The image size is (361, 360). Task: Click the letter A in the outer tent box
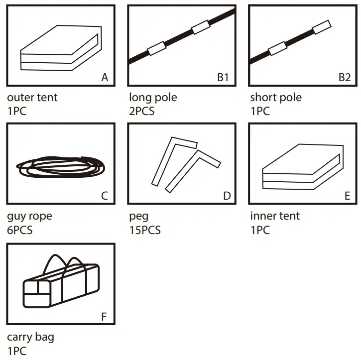[x=105, y=77]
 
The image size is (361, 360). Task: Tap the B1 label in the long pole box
[x=223, y=77]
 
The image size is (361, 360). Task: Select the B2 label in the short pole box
[x=345, y=77]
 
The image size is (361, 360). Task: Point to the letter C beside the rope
[x=105, y=196]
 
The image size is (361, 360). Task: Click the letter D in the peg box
[x=227, y=196]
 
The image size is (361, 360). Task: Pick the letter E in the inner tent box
[x=348, y=196]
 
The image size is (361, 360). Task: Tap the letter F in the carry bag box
[x=105, y=316]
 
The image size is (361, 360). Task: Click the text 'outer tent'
[x=32, y=97]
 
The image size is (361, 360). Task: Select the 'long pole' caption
[x=153, y=97]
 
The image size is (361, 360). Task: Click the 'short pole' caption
[x=276, y=97]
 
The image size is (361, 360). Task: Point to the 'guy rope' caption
[x=29, y=216]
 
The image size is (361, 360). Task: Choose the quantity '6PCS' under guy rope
[x=20, y=230]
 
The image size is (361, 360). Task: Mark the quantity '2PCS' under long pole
[x=142, y=111]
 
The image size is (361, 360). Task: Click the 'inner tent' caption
[x=275, y=216]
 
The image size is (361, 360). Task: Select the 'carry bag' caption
[x=31, y=337]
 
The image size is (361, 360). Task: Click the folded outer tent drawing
[x=61, y=48]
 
